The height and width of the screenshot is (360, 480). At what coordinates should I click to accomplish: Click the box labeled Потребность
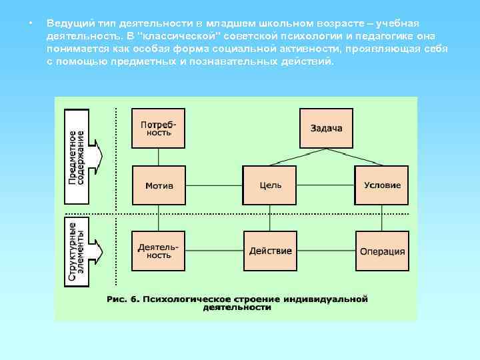click(x=159, y=127)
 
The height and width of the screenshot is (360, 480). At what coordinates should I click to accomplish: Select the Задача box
click(x=326, y=127)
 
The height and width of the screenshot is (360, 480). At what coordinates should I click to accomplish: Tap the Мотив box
click(x=159, y=185)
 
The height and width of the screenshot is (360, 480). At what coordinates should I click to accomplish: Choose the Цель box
click(x=270, y=185)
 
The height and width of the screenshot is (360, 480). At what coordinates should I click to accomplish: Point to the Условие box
click(x=382, y=185)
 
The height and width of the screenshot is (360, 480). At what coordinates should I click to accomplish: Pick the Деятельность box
click(x=159, y=251)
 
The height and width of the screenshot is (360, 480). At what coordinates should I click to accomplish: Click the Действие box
click(x=270, y=251)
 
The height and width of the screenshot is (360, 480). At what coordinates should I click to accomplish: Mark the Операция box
click(x=382, y=251)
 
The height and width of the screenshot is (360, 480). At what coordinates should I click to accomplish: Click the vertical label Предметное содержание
click(x=77, y=157)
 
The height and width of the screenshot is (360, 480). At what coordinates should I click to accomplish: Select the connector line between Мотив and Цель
click(x=214, y=185)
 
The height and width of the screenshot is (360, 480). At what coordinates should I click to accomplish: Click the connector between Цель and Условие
click(x=326, y=185)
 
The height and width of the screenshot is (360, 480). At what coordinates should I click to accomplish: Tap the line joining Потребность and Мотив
click(x=159, y=157)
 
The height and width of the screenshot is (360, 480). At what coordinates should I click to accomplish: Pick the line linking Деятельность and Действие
click(x=214, y=251)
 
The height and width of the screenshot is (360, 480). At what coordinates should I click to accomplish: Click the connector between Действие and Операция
click(x=326, y=251)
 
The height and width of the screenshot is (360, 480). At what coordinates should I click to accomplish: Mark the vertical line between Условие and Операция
click(x=382, y=217)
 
